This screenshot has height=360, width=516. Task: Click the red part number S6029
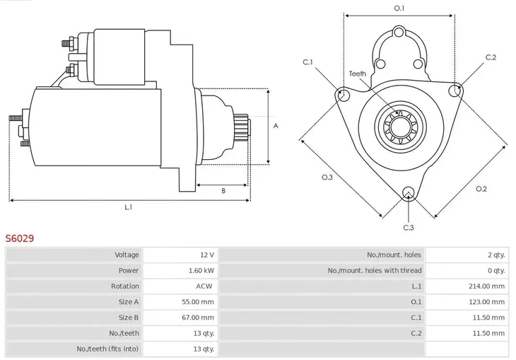[x=20, y=239]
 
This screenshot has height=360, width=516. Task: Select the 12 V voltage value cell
[x=206, y=255]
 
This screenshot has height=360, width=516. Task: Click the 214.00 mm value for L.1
[x=487, y=286]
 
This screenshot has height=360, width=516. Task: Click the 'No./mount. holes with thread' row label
[x=374, y=270]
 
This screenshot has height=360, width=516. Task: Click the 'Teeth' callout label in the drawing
[x=358, y=74]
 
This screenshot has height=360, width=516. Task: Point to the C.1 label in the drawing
[x=308, y=62]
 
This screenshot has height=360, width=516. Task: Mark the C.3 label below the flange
[x=409, y=227]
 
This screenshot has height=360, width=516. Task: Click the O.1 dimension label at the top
[x=399, y=8]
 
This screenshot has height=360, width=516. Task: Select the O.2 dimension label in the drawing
[x=481, y=188]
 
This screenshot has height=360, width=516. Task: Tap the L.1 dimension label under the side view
[x=129, y=207]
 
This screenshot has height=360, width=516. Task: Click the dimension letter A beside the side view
[x=276, y=126]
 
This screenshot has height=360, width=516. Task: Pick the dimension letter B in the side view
[x=223, y=190]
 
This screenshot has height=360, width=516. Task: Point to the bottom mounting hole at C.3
[x=408, y=192]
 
